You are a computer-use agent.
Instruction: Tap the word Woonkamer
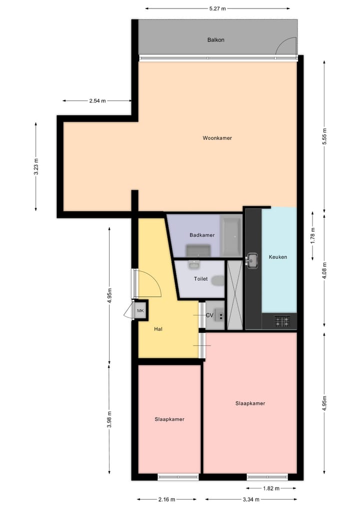click(217, 138)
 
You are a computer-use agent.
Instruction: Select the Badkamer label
click(202, 235)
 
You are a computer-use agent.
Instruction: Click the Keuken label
click(278, 257)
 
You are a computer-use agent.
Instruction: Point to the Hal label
click(158, 329)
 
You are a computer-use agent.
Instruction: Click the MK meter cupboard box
click(140, 311)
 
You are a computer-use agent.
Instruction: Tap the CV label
click(209, 315)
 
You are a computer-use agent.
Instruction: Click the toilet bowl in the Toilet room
click(218, 281)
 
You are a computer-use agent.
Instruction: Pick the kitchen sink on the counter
click(253, 260)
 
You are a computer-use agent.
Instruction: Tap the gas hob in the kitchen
click(281, 321)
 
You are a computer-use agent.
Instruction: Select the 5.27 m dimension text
click(217, 8)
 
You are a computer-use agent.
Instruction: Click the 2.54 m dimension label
click(97, 101)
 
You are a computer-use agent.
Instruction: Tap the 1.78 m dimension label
click(313, 234)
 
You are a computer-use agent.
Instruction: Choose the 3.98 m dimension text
click(109, 419)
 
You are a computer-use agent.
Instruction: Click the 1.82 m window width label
click(270, 489)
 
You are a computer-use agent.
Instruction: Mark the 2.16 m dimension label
click(167, 499)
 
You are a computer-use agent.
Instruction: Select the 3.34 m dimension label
click(250, 499)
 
